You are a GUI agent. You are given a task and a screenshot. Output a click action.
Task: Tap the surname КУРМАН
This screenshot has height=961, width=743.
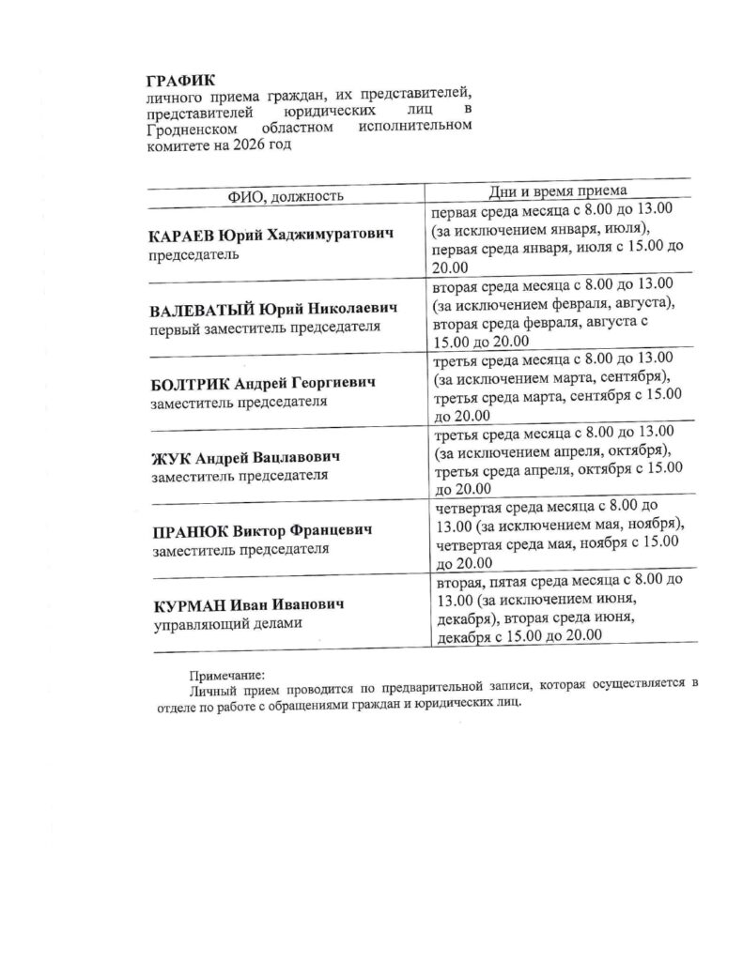tap(185, 604)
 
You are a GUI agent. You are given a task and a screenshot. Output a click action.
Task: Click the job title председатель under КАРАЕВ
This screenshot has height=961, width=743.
tap(194, 253)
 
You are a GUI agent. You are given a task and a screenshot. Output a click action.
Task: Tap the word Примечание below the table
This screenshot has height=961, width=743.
tap(226, 673)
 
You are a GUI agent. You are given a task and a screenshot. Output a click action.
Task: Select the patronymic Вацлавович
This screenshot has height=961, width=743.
tap(294, 457)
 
